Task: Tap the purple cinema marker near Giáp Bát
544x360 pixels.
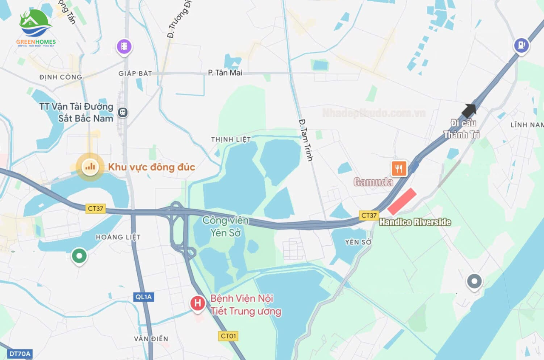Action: pyautogui.click(x=124, y=46)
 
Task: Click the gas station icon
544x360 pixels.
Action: pyautogui.click(x=521, y=45)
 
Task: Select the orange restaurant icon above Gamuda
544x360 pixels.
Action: pyautogui.click(x=399, y=169)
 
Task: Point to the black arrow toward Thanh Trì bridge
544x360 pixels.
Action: pyautogui.click(x=469, y=111)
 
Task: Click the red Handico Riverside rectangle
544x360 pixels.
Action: pyautogui.click(x=402, y=201)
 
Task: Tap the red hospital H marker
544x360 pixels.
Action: pyautogui.click(x=197, y=303)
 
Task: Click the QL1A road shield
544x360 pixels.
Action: pyautogui.click(x=143, y=297)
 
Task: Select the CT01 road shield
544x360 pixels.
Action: pyautogui.click(x=228, y=336)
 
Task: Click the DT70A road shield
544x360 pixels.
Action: pyautogui.click(x=20, y=354)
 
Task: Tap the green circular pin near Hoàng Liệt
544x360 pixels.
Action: pyautogui.click(x=79, y=256)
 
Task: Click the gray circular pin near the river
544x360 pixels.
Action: pyautogui.click(x=474, y=281)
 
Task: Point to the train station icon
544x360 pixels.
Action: pyautogui.click(x=122, y=112)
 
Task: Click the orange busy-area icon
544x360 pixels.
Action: pyautogui.click(x=90, y=167)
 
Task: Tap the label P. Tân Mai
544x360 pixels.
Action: pyautogui.click(x=225, y=73)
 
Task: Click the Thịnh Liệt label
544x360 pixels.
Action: pyautogui.click(x=231, y=139)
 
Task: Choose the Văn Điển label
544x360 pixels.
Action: pyautogui.click(x=151, y=339)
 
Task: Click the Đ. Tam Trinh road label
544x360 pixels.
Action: pyautogui.click(x=306, y=140)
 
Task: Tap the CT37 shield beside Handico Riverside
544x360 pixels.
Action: pyautogui.click(x=369, y=215)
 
